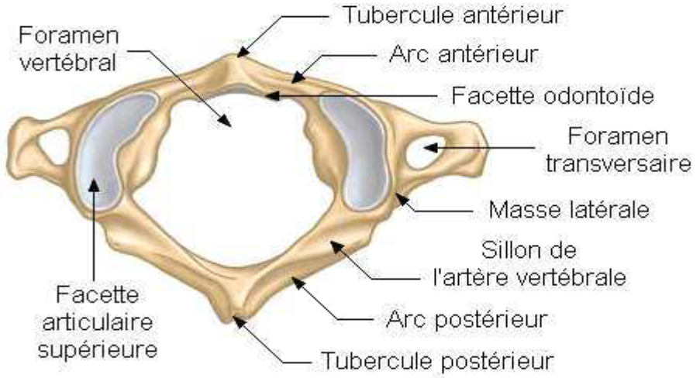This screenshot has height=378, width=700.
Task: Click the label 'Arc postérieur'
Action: pyautogui.click(x=467, y=318)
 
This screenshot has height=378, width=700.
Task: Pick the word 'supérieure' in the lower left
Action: pyautogui.click(x=97, y=349)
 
